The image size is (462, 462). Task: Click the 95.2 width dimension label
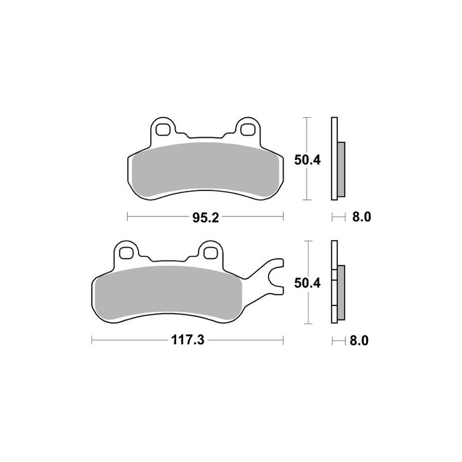[204, 218]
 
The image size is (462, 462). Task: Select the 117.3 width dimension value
[187, 340]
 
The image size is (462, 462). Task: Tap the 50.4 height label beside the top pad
[307, 160]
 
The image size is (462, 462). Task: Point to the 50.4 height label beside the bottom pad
[307, 282]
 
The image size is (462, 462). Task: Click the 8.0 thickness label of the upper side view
[359, 218]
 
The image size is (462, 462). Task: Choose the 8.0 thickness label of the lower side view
[359, 340]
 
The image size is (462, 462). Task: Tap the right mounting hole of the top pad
[248, 127]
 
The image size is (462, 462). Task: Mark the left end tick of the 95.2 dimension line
[127, 218]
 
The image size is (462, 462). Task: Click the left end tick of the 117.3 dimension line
[92, 340]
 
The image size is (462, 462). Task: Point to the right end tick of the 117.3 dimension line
[283, 340]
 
